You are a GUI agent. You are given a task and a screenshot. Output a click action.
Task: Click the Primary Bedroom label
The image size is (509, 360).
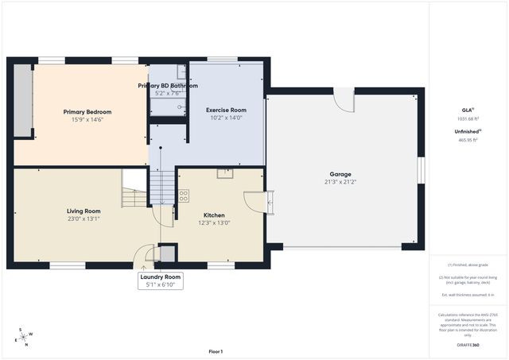(87, 112)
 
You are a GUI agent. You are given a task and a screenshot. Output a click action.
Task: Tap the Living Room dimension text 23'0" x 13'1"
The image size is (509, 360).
(84, 219)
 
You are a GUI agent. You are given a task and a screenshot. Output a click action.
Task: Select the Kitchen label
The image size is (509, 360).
(214, 215)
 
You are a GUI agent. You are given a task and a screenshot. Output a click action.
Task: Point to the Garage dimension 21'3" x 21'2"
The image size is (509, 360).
(340, 182)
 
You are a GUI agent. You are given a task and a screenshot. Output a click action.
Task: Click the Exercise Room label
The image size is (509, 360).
(226, 110)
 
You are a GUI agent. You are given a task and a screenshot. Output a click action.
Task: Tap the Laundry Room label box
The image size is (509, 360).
(161, 277)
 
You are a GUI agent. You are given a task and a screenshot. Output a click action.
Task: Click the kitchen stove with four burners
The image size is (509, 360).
(184, 195)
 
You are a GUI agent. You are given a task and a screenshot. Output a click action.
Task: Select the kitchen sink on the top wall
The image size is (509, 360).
(226, 173)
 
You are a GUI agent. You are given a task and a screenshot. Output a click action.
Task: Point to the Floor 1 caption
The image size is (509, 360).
(216, 351)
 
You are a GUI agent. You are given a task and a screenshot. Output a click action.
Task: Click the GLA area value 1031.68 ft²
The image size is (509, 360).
(467, 119)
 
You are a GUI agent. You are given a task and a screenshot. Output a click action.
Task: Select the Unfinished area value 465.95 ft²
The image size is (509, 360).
(467, 140)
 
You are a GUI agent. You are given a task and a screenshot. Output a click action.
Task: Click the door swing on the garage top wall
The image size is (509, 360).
(343, 100)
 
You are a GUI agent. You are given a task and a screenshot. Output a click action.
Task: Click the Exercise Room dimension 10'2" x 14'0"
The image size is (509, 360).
(226, 118)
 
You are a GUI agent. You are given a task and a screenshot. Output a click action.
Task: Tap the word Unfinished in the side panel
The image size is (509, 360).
(466, 131)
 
